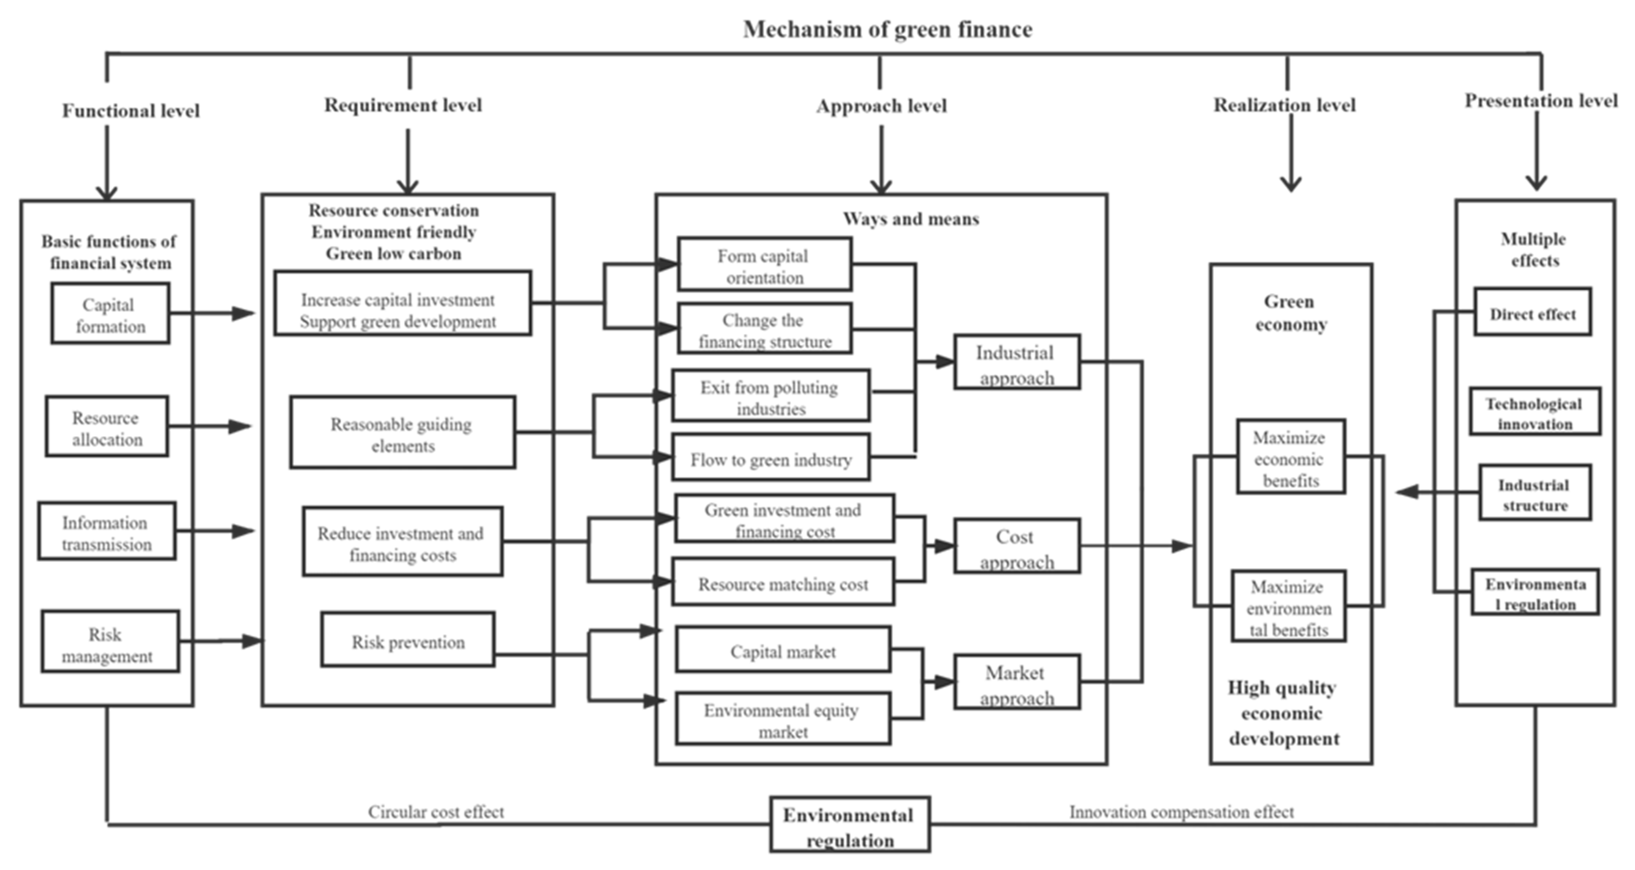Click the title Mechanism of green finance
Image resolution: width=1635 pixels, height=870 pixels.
click(887, 29)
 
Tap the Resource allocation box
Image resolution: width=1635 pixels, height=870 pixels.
click(107, 427)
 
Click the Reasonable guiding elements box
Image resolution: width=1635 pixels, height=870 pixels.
click(403, 433)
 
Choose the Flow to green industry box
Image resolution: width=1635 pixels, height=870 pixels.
click(771, 458)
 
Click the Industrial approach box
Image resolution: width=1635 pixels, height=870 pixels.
click(1016, 363)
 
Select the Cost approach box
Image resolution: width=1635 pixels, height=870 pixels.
click(1016, 547)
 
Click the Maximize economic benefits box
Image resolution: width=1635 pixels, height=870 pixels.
click(1290, 457)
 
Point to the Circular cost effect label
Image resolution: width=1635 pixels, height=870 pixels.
click(436, 811)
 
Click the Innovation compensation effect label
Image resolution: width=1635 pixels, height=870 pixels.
click(1181, 811)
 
